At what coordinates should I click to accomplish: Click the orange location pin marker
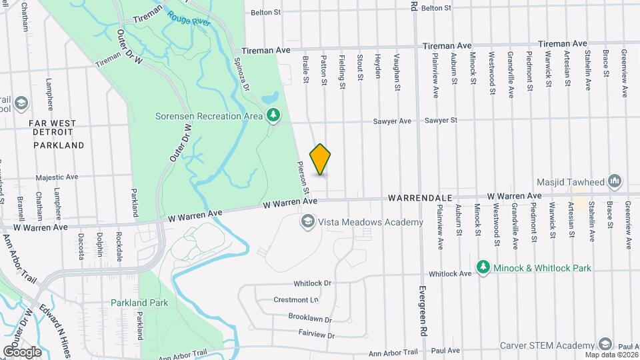[x=320, y=159]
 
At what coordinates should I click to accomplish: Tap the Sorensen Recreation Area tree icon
[x=273, y=116]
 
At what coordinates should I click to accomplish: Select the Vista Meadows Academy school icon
[x=307, y=222]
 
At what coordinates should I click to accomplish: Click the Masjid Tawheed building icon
[x=615, y=181]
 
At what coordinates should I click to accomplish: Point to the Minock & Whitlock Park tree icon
[x=483, y=267]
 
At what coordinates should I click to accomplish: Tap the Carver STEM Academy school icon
[x=605, y=345]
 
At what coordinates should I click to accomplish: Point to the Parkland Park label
[x=139, y=303]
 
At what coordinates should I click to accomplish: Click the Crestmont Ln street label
[x=296, y=300]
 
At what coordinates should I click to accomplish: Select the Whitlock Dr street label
[x=312, y=283]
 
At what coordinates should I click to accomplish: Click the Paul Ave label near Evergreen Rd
[x=445, y=350]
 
